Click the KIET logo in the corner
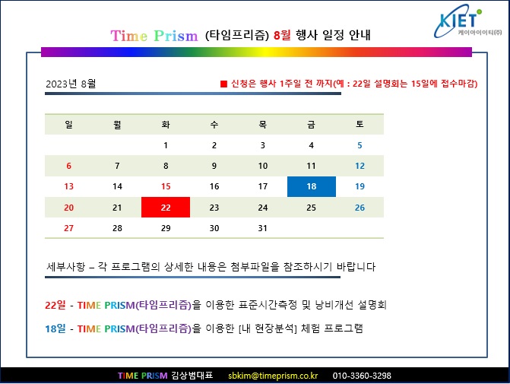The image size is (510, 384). tap(467, 22)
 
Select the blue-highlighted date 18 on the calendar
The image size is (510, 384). tap(312, 186)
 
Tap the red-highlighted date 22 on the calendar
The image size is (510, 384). tap(166, 208)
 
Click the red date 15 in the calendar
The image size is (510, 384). tap(166, 186)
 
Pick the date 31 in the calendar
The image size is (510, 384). tap(262, 228)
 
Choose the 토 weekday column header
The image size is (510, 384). tap(360, 124)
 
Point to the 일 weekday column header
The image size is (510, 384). tap(69, 124)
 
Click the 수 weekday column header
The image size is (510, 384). tap(214, 124)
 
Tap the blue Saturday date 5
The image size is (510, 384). tap(360, 145)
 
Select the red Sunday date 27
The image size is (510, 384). tap(68, 228)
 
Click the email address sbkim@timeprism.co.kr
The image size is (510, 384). tap(273, 376)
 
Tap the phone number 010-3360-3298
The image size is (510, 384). tap(362, 376)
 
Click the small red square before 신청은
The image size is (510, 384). tap(223, 84)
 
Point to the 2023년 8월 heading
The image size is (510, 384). tap(71, 84)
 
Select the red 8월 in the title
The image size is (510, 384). tap(282, 34)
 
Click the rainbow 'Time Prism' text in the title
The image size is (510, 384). tap(154, 36)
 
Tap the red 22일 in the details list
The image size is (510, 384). tap(55, 305)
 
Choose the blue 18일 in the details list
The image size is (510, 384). tap(55, 328)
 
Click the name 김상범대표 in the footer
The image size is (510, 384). tap(192, 376)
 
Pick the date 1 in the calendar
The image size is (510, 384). tap(166, 145)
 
